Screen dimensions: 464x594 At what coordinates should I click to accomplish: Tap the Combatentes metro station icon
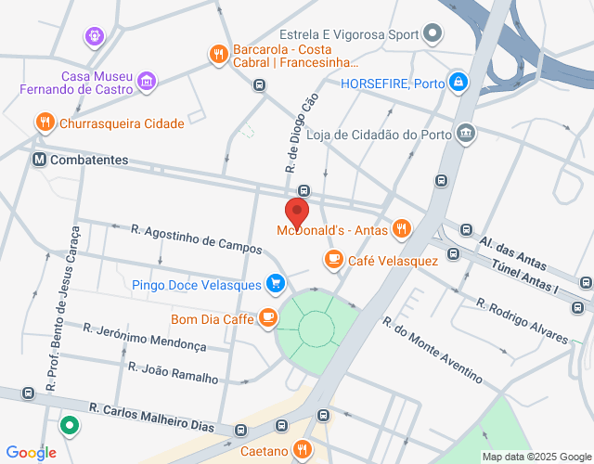coord(39,160)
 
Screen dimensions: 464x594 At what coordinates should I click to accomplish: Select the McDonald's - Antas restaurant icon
coord(401,227)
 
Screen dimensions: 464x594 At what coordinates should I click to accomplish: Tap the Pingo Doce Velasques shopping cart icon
coord(275,283)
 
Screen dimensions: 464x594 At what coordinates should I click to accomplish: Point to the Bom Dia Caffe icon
coord(268,318)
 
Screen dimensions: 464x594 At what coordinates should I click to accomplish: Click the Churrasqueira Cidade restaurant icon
coord(44,122)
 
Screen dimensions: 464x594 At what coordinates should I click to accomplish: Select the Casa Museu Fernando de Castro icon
coord(146,84)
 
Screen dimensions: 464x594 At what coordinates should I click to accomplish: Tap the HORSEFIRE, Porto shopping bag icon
coord(458,83)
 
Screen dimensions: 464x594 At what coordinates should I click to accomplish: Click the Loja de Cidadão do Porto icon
coord(466,134)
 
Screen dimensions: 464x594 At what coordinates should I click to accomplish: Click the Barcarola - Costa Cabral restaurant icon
coord(218,54)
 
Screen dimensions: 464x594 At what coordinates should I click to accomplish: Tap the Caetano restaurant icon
coord(302,450)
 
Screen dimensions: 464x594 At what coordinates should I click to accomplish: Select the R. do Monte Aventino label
coord(433,350)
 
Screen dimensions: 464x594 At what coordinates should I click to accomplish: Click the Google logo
coord(30,452)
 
